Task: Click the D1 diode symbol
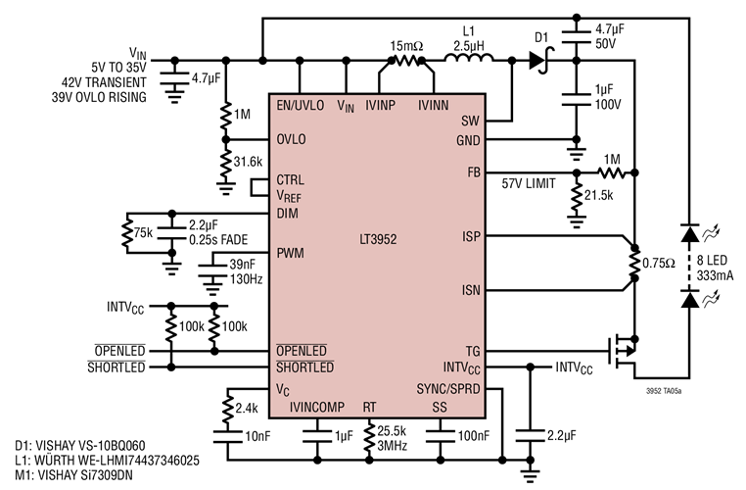click(536, 61)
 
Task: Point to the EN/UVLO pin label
click(300, 104)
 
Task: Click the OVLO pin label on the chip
click(291, 139)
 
